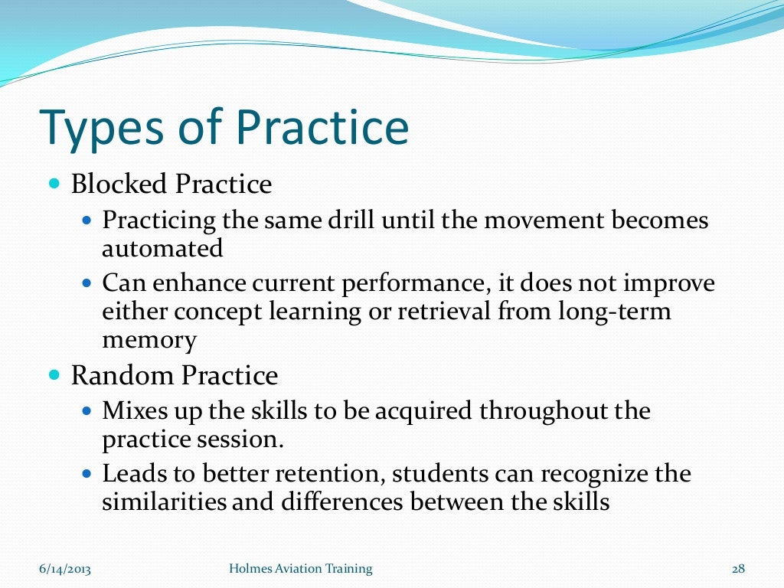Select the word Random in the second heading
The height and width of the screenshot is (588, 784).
(x=120, y=376)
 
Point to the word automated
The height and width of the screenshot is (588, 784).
(x=162, y=248)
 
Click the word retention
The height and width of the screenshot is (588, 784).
(x=336, y=474)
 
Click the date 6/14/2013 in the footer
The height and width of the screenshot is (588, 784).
(x=65, y=568)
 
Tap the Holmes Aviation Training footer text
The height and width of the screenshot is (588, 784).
(x=301, y=568)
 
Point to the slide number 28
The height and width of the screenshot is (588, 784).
(x=738, y=568)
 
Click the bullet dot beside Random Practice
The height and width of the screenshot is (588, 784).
(x=54, y=376)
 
